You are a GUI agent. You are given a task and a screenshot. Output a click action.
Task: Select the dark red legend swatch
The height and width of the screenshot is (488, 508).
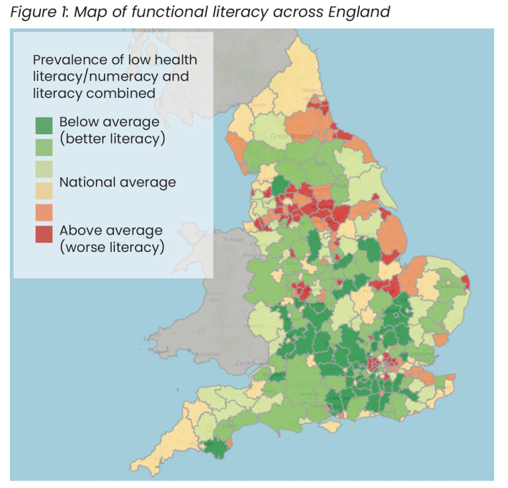pyautogui.click(x=44, y=234)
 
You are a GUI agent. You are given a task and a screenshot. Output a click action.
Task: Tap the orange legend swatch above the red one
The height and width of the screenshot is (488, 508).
pyautogui.click(x=44, y=212)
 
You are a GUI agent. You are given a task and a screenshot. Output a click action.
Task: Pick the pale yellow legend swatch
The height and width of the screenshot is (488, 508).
pyautogui.click(x=44, y=190)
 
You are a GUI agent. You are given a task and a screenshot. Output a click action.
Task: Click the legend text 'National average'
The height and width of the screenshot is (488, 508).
pyautogui.click(x=117, y=183)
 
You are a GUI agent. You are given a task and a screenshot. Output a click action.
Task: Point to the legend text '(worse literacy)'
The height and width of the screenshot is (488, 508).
pyautogui.click(x=111, y=247)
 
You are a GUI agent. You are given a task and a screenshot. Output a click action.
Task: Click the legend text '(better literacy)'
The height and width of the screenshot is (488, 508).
pyautogui.click(x=112, y=139)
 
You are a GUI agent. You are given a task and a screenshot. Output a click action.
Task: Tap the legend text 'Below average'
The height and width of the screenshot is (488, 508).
pyautogui.click(x=109, y=122)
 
